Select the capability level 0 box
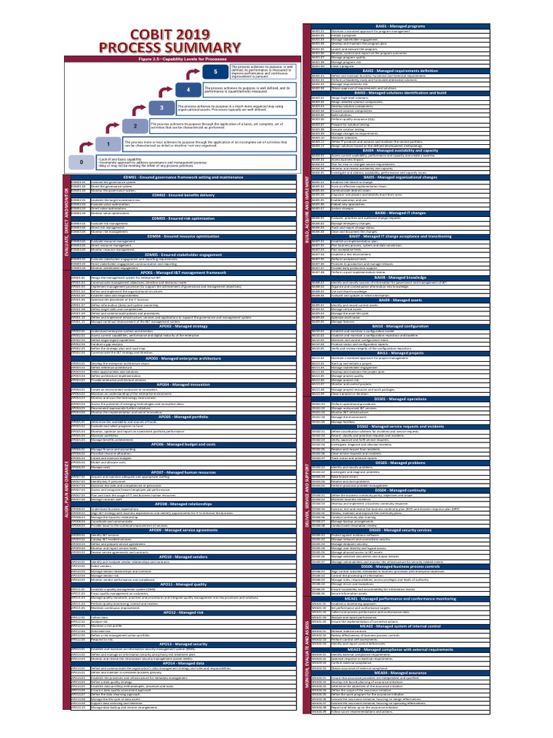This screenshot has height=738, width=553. (81, 163)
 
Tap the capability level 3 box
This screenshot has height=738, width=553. (162, 107)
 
